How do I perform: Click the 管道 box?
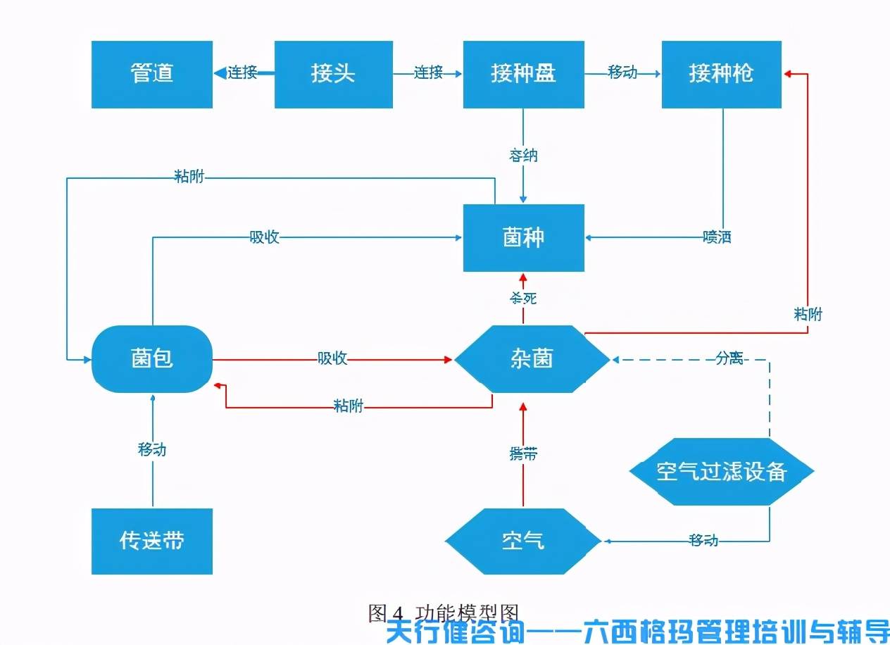tap(152, 74)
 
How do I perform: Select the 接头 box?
tap(333, 74)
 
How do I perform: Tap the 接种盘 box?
tap(523, 74)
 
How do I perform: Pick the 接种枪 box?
tap(721, 74)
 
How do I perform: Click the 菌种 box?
tap(523, 237)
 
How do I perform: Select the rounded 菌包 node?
tap(152, 359)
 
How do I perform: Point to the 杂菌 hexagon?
tap(532, 359)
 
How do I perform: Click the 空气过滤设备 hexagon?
tap(721, 471)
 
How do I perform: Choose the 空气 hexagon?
tap(523, 541)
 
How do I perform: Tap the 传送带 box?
tap(152, 541)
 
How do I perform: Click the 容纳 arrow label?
tap(523, 155)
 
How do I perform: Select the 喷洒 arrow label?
tap(717, 237)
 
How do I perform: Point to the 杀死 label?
tap(523, 298)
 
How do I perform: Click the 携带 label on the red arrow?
tap(523, 454)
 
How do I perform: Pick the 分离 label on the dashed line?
tap(729, 358)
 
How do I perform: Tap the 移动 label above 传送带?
tap(152, 449)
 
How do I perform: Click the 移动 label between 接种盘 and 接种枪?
tap(622, 73)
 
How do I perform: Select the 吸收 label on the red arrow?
tap(332, 358)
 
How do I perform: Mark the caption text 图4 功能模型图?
tap(444, 612)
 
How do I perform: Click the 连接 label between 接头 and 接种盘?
tap(428, 73)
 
